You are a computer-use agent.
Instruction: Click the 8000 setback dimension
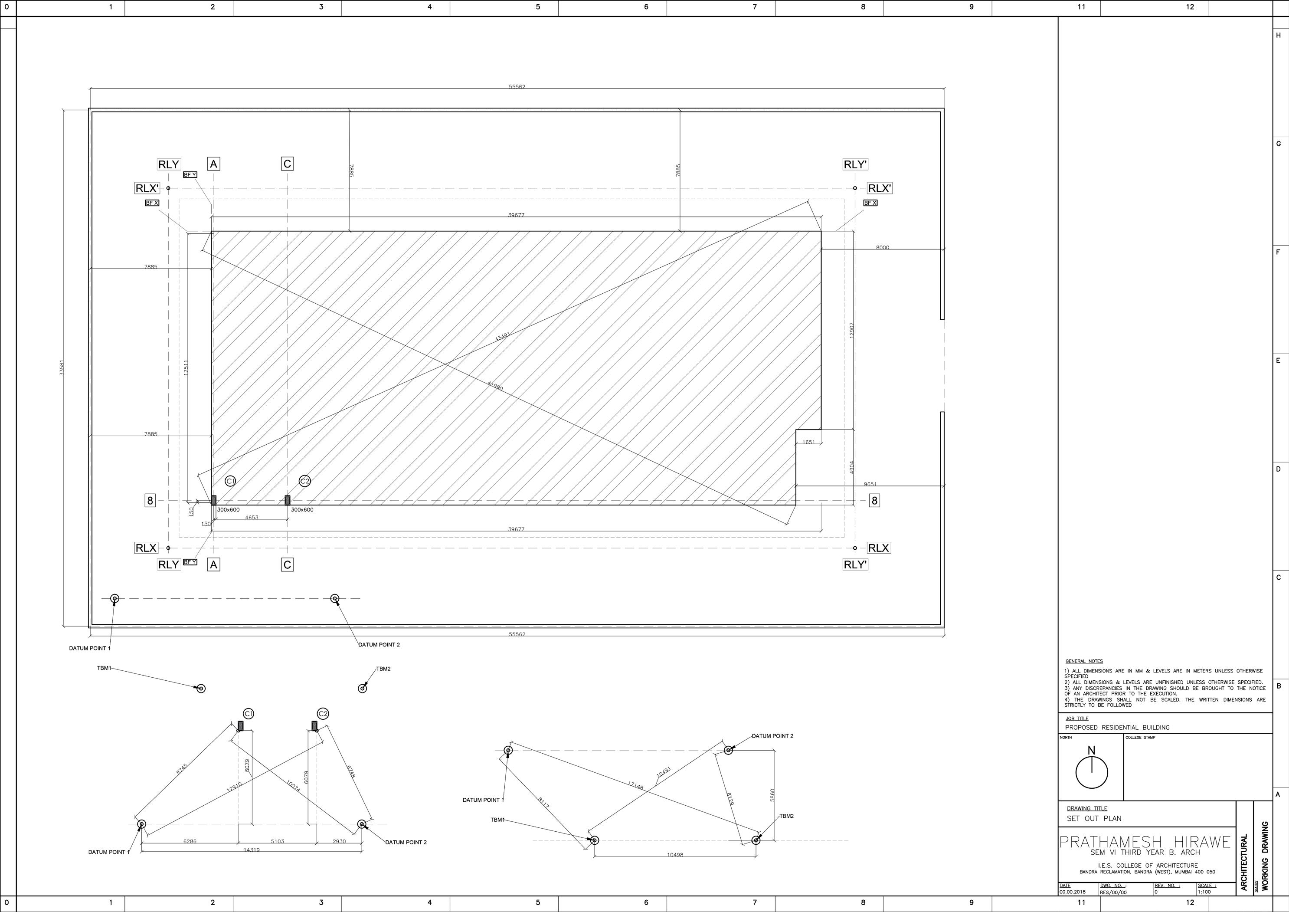tap(883, 248)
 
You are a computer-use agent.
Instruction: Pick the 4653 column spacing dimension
tap(252, 517)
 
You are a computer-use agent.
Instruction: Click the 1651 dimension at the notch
tap(808, 442)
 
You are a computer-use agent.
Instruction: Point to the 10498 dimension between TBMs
tap(675, 855)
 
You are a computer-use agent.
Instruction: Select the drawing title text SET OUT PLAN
tap(1094, 818)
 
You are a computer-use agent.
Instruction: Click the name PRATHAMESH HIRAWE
tap(1145, 843)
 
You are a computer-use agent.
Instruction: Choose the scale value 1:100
tap(1204, 892)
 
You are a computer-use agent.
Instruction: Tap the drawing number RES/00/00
tap(1113, 892)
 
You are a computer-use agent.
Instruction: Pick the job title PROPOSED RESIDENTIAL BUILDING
tap(1117, 727)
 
